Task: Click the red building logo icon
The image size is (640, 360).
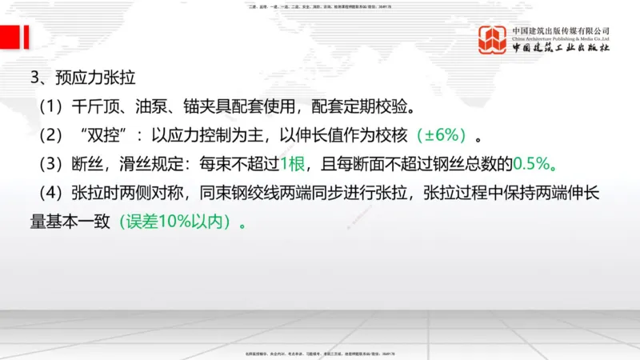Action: pos(493,39)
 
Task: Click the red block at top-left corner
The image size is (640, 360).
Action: pos(11,36)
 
